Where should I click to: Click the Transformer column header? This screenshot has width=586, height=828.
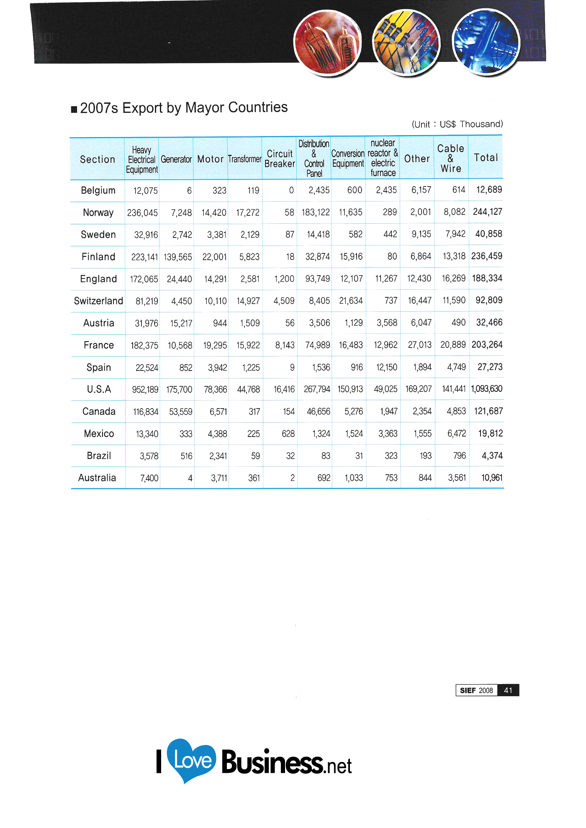[x=244, y=159]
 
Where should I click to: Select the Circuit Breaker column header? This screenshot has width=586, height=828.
[x=280, y=159]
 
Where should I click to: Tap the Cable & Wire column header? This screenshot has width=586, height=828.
[x=451, y=158]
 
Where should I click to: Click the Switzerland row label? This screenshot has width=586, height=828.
[x=98, y=301]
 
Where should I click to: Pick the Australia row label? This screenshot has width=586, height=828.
[x=97, y=478]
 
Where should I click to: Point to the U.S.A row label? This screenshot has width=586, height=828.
[x=99, y=389]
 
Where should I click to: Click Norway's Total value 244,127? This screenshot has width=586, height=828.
[x=487, y=212]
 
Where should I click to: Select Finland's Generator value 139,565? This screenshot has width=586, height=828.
[x=178, y=257]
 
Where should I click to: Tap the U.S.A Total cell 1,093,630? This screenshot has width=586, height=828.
[x=486, y=389]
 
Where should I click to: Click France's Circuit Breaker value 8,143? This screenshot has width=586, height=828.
[x=285, y=345]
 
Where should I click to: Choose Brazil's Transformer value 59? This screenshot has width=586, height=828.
[x=255, y=456]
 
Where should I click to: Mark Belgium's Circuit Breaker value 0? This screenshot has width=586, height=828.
[x=291, y=190]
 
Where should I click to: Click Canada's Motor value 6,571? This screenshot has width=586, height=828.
[x=218, y=411]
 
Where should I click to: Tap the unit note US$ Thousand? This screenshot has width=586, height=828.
[x=470, y=124]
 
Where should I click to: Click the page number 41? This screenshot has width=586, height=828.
[x=508, y=690]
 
